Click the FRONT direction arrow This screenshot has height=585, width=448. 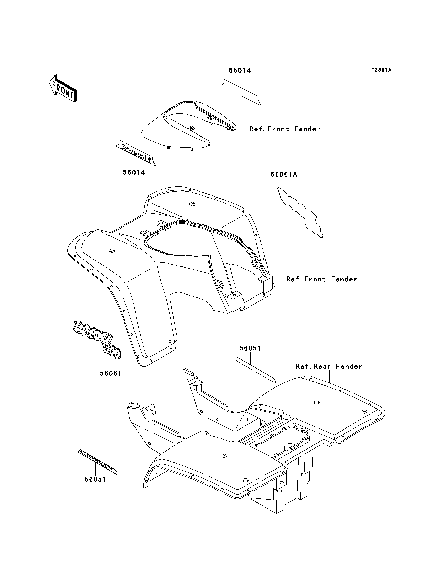click(x=63, y=88)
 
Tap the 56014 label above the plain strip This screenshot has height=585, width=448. click(x=240, y=71)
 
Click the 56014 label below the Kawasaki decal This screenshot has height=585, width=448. click(x=134, y=173)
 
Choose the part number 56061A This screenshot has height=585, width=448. click(x=283, y=175)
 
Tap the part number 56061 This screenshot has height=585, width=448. click(x=111, y=374)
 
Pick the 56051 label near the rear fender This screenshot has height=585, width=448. click(x=250, y=348)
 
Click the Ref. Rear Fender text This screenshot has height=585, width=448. click(x=329, y=367)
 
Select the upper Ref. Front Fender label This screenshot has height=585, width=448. click(x=284, y=129)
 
